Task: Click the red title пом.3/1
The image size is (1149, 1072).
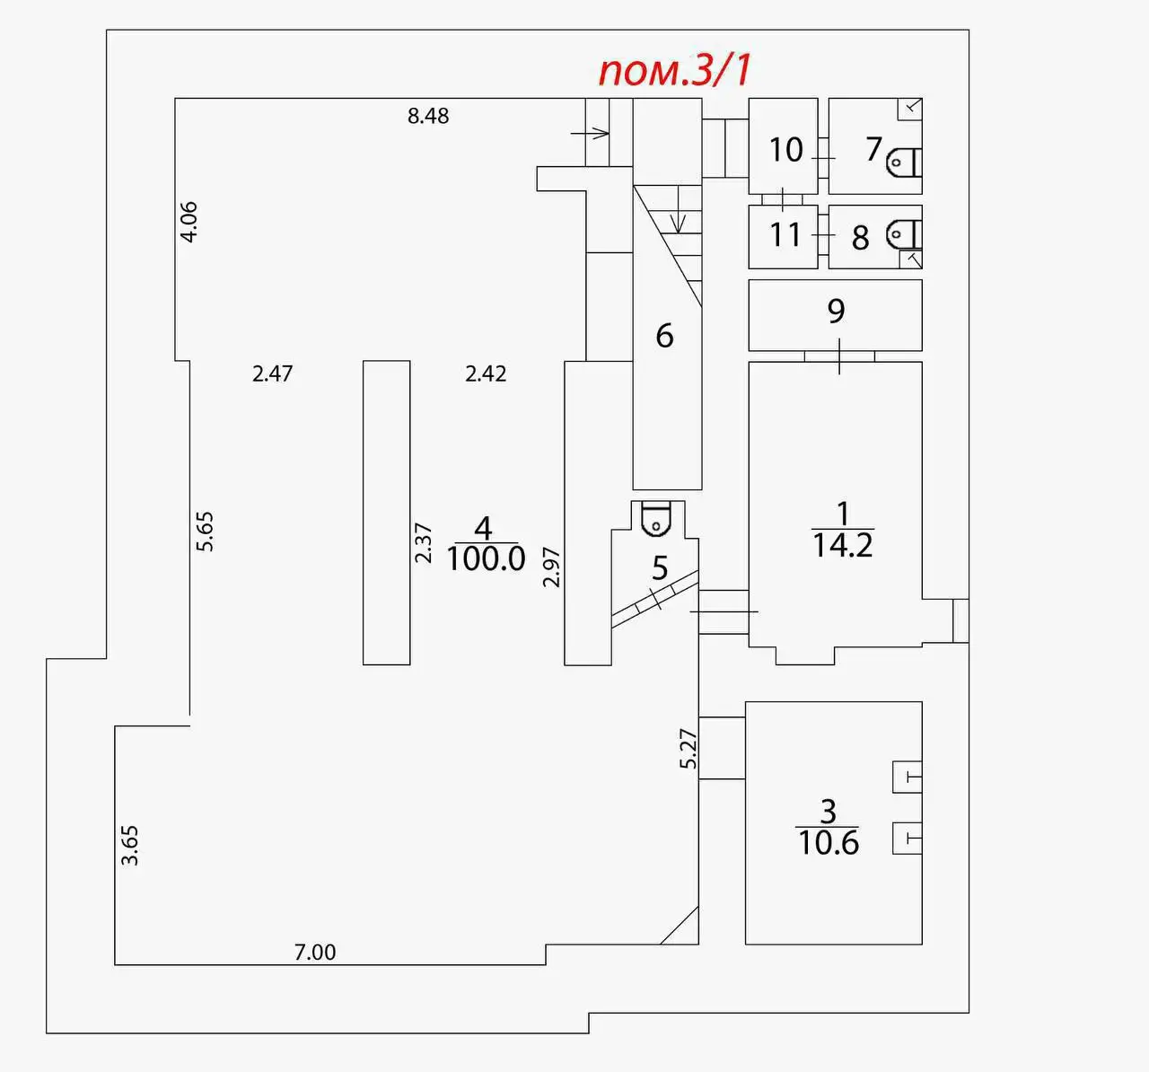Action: pos(675,71)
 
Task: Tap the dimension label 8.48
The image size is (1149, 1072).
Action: pos(428,117)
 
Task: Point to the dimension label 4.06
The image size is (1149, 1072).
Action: pos(189,222)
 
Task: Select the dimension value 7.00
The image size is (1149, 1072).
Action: pos(315,953)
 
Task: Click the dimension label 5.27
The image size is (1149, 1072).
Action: pos(688,749)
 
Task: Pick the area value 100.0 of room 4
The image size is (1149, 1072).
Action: pos(486,559)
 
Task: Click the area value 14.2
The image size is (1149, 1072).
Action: pos(843,545)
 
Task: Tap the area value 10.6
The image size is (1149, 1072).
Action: pos(829,842)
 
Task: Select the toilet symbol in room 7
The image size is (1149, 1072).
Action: pos(904,163)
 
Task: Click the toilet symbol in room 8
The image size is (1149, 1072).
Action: pos(904,233)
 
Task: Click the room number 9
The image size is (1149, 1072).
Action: pos(836,311)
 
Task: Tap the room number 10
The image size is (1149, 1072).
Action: pos(785,150)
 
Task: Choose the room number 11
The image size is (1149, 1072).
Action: pos(785,235)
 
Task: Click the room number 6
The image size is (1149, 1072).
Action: pos(665,336)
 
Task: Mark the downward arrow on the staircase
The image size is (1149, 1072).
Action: pos(678,209)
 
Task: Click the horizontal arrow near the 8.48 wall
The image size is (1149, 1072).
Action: pos(590,133)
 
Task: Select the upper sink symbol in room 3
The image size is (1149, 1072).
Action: pos(908,777)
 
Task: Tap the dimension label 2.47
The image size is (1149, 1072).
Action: pos(273,373)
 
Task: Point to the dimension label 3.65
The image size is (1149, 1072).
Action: pos(129,846)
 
